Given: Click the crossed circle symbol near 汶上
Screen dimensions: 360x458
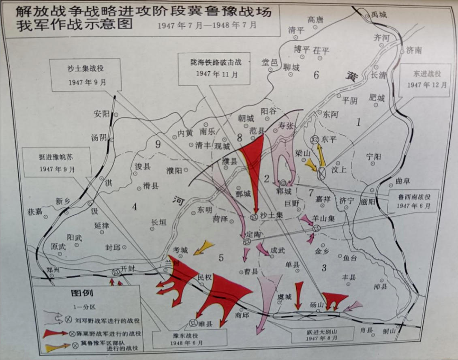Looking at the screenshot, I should [x=321, y=174].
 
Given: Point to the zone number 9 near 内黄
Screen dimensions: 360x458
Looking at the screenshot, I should [x=158, y=144].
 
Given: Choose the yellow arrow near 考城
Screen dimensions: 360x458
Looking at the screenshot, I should [x=203, y=247].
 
